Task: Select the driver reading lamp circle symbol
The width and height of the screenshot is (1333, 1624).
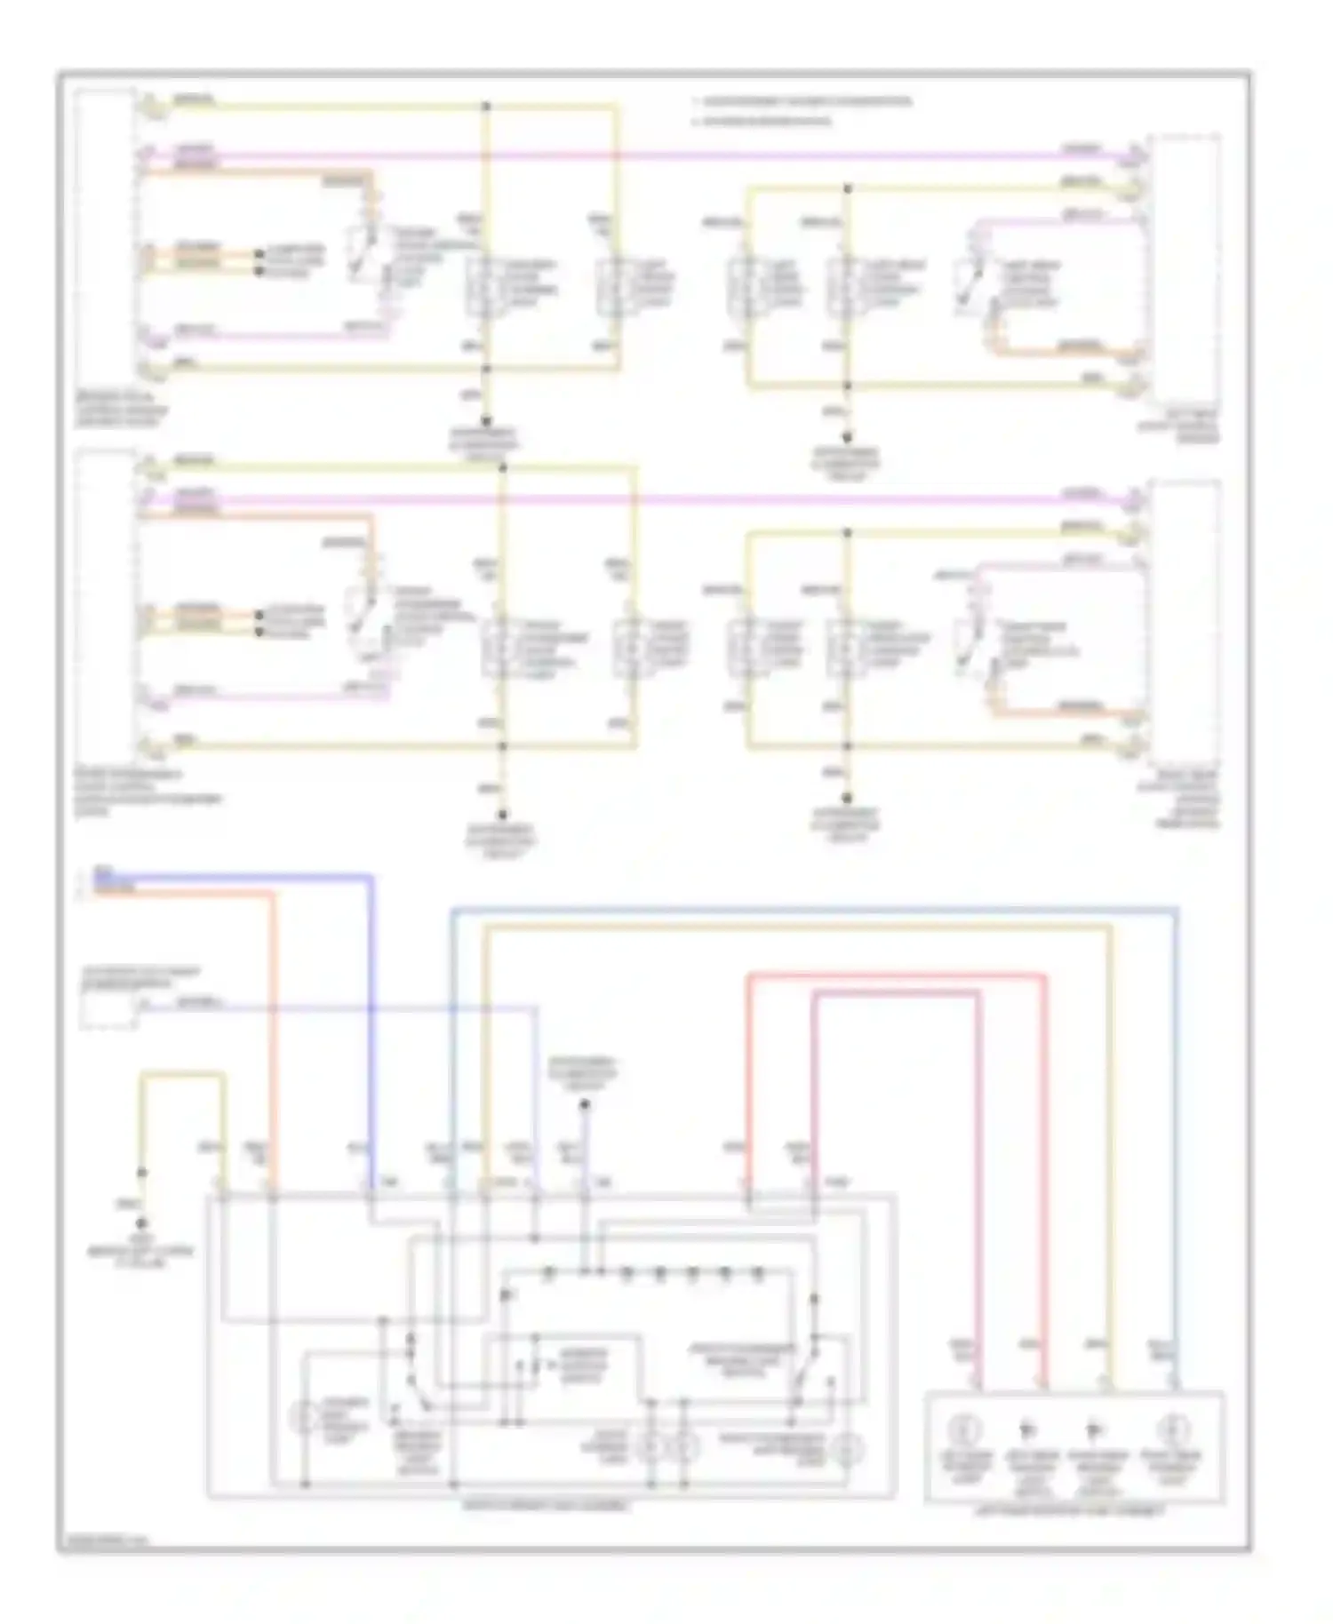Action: tap(304, 1416)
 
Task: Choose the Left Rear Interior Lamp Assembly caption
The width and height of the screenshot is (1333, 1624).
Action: tap(1074, 1510)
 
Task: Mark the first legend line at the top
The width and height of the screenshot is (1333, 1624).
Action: tap(804, 102)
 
